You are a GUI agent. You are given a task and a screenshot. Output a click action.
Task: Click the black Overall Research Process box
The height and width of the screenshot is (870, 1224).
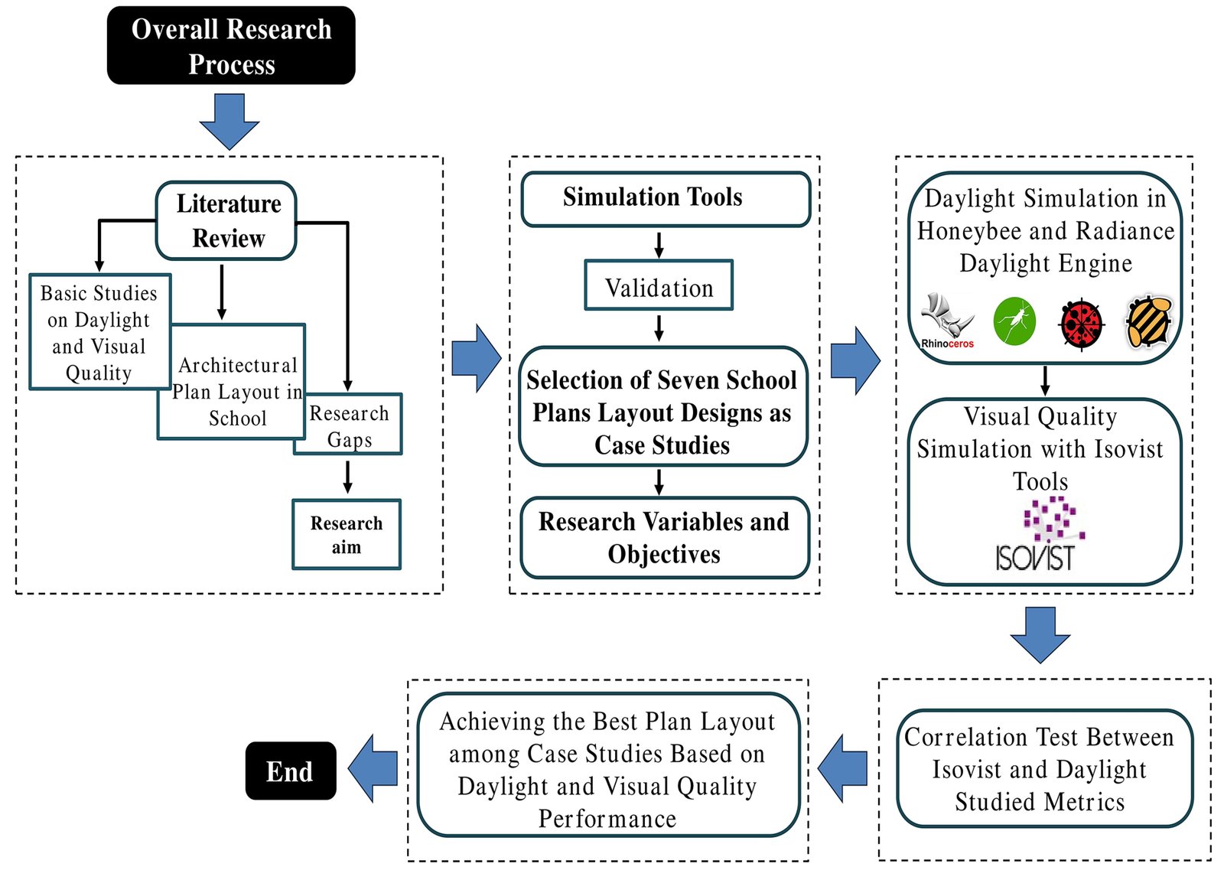click(x=231, y=46)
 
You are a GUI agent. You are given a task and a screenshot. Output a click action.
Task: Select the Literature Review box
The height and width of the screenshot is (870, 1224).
click(x=226, y=220)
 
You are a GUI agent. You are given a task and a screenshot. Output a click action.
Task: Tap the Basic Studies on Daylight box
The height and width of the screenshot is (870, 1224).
click(x=99, y=332)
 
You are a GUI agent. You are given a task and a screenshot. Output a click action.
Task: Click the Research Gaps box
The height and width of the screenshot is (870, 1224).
click(x=350, y=425)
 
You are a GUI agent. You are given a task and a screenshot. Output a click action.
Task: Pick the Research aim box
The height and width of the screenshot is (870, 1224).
click(x=347, y=534)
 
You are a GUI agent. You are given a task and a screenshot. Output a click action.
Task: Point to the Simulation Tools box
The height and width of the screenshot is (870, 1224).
click(x=665, y=198)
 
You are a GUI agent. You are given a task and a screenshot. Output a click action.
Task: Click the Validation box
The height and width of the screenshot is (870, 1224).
click(x=659, y=285)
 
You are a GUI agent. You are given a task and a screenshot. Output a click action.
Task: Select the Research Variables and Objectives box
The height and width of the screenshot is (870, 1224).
click(x=664, y=537)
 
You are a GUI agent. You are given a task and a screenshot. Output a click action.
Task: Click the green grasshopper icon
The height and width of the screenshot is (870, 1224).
click(x=1014, y=321)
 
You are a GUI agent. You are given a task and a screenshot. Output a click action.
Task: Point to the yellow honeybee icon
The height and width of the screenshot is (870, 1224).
click(x=1149, y=321)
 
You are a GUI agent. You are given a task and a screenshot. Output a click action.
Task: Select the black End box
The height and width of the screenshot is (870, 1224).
click(x=291, y=771)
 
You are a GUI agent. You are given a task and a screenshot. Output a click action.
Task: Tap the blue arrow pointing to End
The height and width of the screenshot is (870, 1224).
click(x=374, y=768)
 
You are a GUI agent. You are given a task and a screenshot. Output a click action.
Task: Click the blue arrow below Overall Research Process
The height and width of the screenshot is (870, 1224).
click(x=229, y=121)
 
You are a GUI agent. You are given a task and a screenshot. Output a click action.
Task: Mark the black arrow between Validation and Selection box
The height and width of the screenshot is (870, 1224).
click(x=659, y=327)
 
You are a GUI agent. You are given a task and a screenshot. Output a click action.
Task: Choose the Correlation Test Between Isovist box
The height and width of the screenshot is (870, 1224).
click(x=1044, y=768)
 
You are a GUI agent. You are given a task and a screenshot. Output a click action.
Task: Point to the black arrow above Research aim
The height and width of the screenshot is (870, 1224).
click(x=347, y=477)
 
